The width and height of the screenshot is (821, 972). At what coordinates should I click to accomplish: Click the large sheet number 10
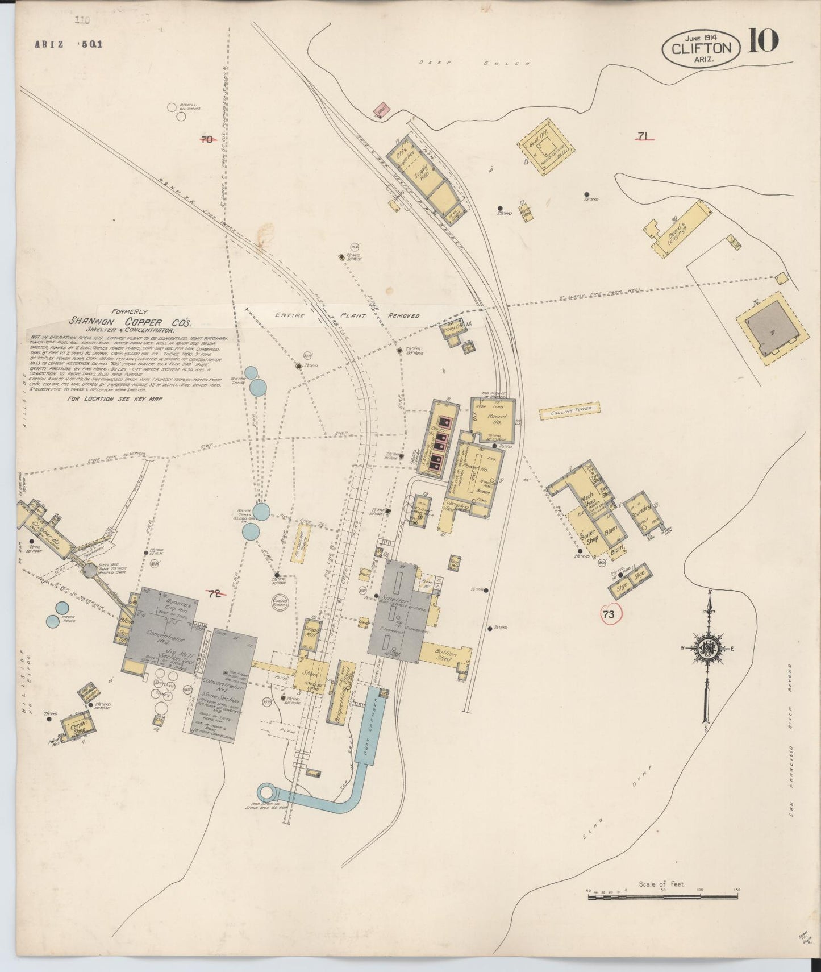tap(763, 41)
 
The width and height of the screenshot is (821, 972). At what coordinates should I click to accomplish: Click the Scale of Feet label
tap(661, 884)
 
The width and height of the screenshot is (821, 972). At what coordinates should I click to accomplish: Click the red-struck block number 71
tap(643, 136)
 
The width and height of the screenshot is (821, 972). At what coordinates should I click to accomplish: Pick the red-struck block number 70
tap(207, 138)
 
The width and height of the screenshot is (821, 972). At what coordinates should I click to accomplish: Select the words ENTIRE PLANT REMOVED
tap(347, 315)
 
